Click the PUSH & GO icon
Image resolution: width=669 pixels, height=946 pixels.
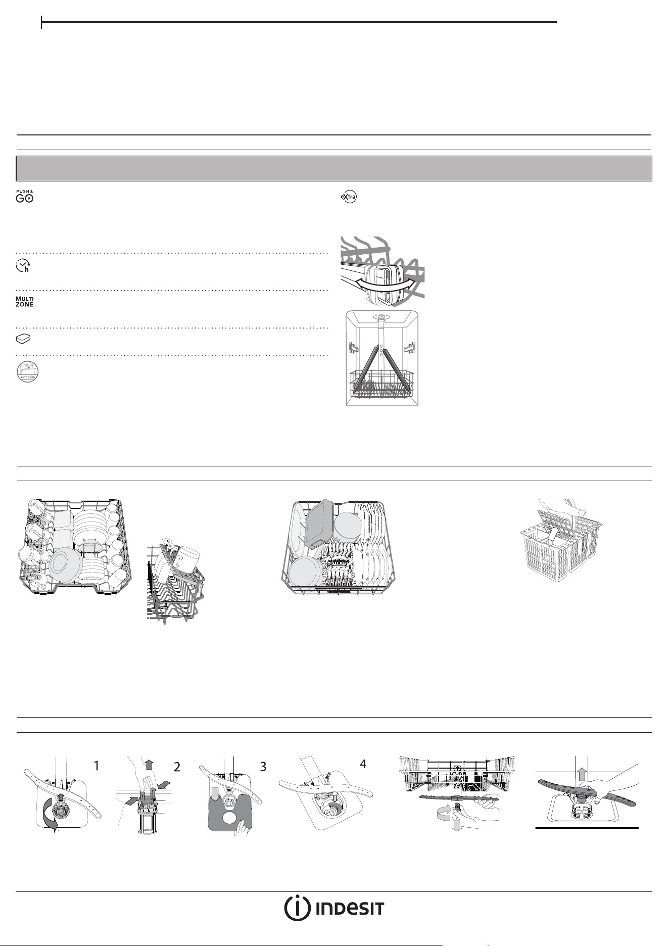click(x=24, y=197)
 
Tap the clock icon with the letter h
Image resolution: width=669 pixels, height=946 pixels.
click(x=23, y=266)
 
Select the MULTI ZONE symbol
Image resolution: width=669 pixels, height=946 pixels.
click(x=24, y=302)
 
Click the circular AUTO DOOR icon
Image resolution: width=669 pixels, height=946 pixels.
click(x=27, y=371)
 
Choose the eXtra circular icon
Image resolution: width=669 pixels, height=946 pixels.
click(x=348, y=196)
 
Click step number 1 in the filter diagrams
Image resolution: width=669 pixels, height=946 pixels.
click(x=97, y=766)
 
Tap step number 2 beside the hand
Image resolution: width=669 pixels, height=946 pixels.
click(x=177, y=767)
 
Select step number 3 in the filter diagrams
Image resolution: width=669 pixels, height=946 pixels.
click(x=263, y=767)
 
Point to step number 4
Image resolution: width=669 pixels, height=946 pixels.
click(x=363, y=765)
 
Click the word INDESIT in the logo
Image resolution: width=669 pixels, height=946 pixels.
click(x=350, y=909)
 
